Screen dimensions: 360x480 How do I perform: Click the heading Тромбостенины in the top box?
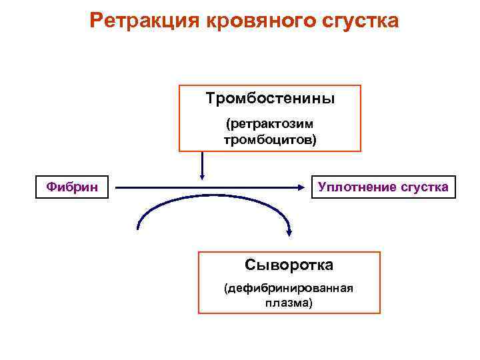click(270, 99)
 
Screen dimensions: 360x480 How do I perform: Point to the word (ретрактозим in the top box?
click(270, 125)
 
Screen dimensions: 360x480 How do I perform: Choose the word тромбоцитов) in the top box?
click(270, 139)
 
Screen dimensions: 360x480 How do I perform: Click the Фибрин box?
click(72, 187)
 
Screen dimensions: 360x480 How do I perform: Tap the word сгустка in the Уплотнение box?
click(424, 187)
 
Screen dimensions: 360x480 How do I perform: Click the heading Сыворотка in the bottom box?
click(289, 265)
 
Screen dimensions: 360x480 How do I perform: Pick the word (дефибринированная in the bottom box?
click(289, 289)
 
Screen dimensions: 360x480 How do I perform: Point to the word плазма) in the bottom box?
click(289, 303)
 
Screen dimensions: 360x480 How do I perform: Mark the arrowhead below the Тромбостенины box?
click(202, 176)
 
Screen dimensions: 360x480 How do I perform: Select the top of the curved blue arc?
click(213, 196)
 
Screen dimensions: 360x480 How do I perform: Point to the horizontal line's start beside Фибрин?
click(117, 188)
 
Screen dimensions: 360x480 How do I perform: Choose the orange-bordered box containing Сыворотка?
click(289, 282)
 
